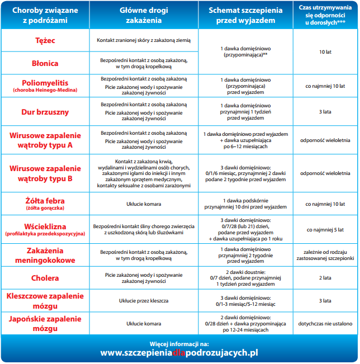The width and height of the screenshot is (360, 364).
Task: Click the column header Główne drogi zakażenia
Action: [141, 15]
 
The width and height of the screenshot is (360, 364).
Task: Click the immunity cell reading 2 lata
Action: [325, 277]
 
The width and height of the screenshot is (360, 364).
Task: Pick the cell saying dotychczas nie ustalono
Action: [325, 323]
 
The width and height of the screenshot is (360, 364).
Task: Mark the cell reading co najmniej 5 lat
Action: [325, 229]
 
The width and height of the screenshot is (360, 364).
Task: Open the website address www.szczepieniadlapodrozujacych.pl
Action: [179, 353]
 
